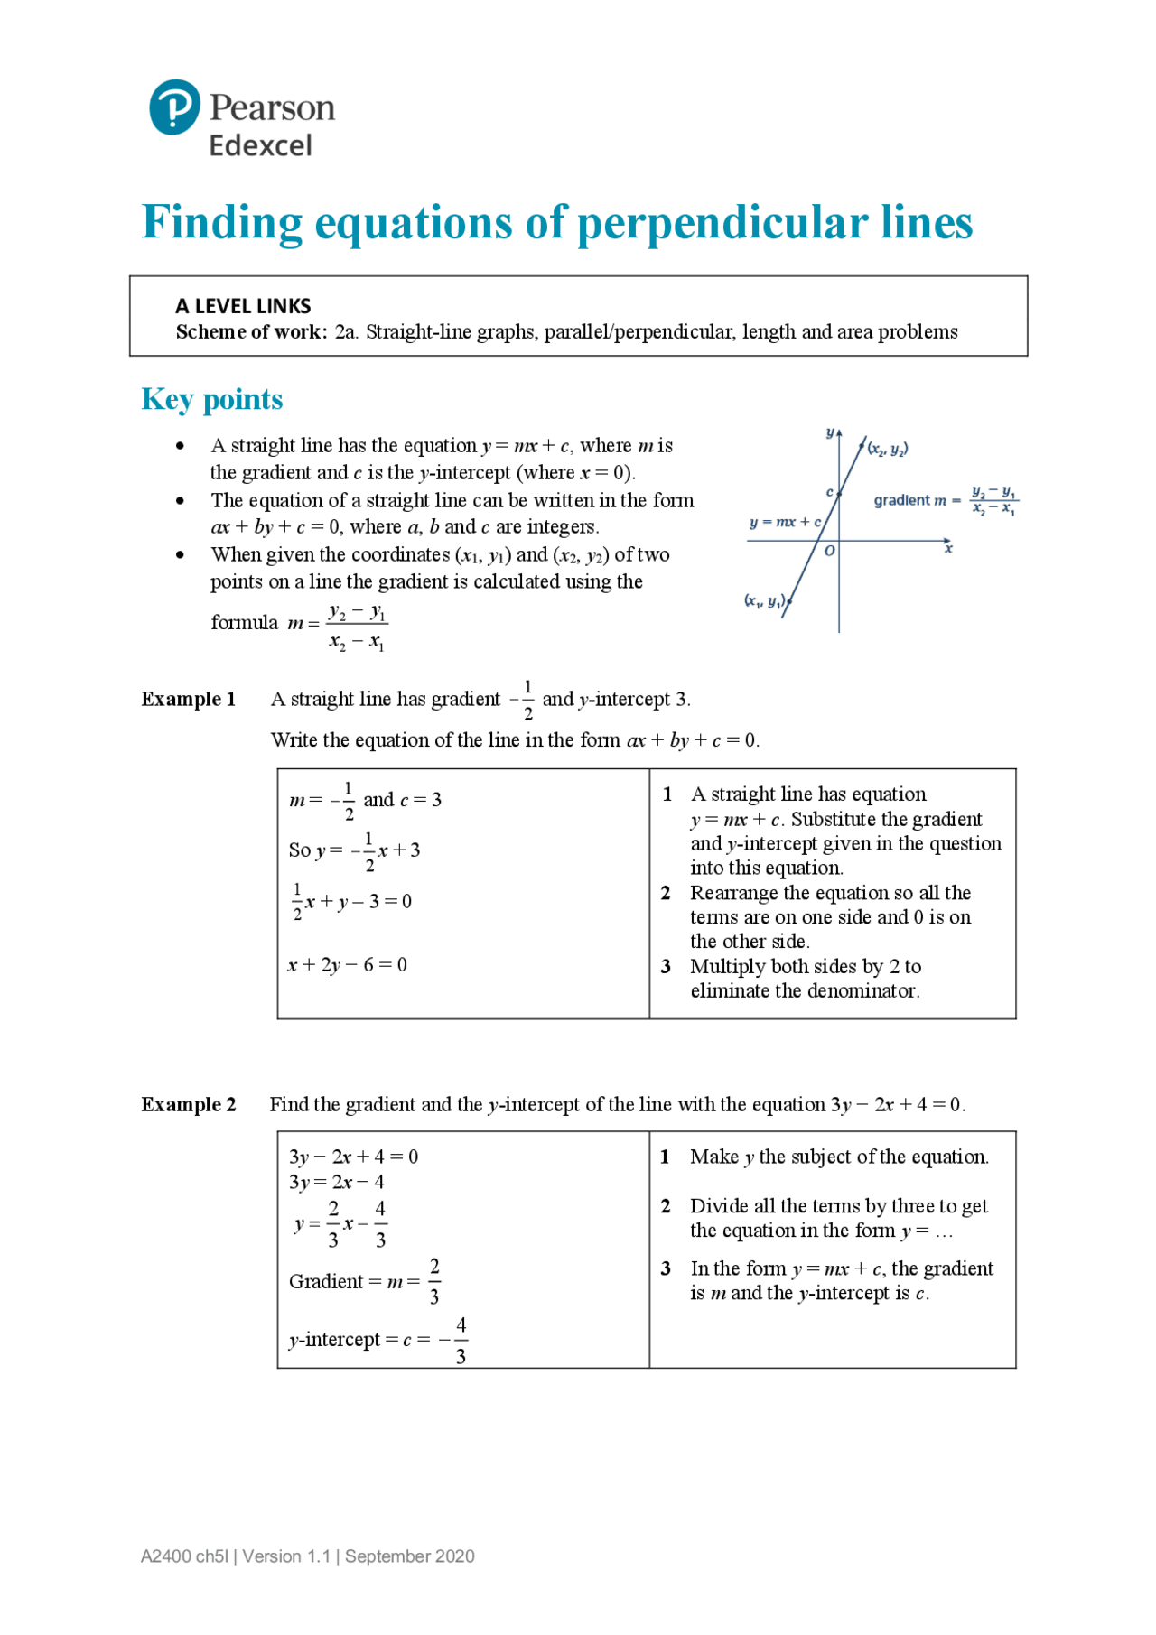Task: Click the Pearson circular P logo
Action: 174,107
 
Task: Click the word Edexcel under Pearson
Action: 260,145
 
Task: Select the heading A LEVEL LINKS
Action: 243,306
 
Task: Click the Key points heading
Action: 212,399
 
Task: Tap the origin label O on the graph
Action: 829,551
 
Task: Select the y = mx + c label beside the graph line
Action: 785,522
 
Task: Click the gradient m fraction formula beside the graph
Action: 993,501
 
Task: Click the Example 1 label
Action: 188,699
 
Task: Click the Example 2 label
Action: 188,1104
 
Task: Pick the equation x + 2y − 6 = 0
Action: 347,965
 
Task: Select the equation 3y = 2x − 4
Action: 336,1182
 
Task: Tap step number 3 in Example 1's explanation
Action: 666,967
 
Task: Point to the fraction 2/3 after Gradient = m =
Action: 434,1281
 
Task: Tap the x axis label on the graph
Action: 948,549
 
